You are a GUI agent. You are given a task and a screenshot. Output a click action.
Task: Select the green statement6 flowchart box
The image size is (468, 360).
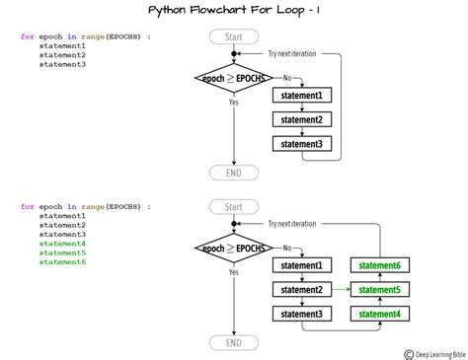click(379, 266)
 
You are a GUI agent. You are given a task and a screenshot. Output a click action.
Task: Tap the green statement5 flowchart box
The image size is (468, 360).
click(379, 290)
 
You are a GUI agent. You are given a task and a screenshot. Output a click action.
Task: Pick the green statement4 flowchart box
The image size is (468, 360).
click(379, 314)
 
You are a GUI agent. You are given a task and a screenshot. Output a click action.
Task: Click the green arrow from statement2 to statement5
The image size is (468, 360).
click(340, 290)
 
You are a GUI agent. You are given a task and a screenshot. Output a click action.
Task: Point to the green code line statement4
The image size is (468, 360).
click(62, 243)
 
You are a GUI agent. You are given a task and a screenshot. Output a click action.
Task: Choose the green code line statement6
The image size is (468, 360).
click(62, 261)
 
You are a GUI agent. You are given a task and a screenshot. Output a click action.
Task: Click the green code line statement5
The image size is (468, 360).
click(62, 252)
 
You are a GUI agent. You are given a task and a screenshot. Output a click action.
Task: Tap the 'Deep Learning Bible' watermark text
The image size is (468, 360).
click(438, 353)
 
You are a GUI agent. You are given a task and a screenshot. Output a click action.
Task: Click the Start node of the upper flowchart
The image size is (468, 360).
click(233, 37)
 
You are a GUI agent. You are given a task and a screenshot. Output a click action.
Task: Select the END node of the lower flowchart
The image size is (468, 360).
click(233, 343)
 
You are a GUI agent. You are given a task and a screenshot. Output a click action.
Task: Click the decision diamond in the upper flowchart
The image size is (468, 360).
click(233, 78)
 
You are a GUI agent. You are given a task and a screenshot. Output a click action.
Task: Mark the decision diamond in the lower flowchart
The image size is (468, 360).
click(233, 249)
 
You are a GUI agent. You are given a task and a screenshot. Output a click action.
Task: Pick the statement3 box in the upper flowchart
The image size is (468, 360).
click(302, 144)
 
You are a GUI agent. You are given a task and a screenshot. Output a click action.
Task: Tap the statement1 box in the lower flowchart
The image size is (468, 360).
click(302, 266)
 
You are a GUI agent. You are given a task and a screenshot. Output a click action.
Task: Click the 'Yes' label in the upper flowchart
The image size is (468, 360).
click(234, 102)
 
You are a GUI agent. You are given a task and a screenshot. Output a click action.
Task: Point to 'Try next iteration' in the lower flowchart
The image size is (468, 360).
click(292, 224)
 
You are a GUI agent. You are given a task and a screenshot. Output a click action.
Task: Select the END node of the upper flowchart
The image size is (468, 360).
click(233, 173)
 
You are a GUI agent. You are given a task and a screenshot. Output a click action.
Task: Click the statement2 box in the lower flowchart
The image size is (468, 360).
click(302, 290)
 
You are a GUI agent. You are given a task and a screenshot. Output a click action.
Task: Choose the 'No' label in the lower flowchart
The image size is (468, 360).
click(287, 248)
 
